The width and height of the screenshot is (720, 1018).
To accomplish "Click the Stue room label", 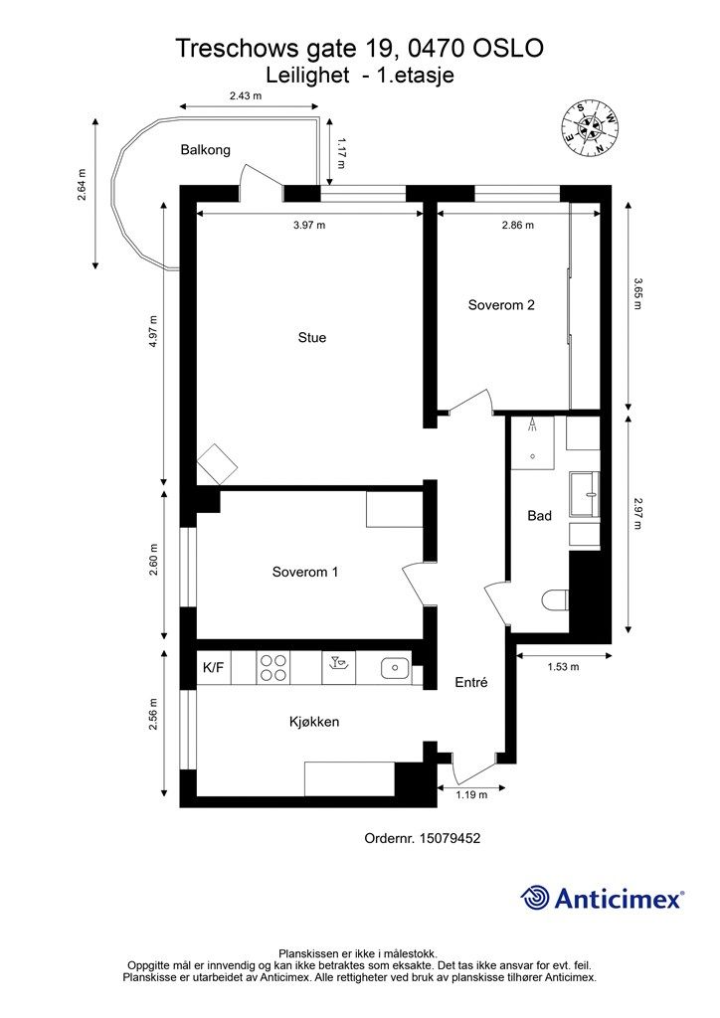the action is pos(311,338).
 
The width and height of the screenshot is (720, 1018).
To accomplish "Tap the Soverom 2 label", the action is pos(501,305).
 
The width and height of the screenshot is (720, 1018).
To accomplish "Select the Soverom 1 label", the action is pos(305,572).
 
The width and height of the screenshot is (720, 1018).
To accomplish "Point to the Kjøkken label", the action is pos(314,722).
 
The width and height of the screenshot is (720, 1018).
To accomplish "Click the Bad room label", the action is pos(540,516).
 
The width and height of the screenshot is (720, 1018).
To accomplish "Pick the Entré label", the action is pos(470,682).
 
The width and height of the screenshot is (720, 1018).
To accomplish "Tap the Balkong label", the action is pos(205,150).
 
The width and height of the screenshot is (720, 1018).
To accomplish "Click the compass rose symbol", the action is pos(590,128).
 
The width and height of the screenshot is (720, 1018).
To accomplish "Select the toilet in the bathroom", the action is pos(555,599).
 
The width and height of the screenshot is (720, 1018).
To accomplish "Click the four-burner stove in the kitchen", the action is pos(273,667).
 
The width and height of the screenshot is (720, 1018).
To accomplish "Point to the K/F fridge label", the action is pos(214,667).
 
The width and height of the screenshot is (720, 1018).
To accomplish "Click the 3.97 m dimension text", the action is pos(309,226).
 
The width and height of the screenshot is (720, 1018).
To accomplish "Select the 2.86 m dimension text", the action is pos(517,226).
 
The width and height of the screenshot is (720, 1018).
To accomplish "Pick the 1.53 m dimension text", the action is pos(563,667).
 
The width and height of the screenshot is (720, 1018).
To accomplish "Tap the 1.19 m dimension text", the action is pos(471,794).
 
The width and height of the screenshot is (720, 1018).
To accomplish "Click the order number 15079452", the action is pos(450,838).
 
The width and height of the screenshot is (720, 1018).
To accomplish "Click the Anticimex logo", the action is pos(602,898).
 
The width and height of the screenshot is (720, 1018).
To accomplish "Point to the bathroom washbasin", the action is pos(585,495).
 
